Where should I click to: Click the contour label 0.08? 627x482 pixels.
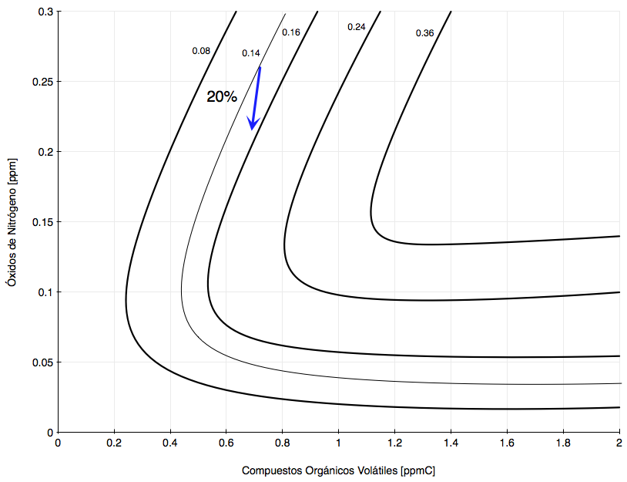click(x=201, y=51)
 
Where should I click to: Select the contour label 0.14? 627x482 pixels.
click(x=251, y=53)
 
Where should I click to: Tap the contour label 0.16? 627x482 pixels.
click(x=290, y=32)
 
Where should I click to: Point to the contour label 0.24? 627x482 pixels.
click(x=357, y=27)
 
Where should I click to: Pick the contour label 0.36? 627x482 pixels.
click(x=424, y=33)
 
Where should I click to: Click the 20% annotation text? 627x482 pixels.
click(x=222, y=97)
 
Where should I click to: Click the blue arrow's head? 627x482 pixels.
click(x=252, y=125)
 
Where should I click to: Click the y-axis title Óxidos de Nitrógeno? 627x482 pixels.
click(x=12, y=222)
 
